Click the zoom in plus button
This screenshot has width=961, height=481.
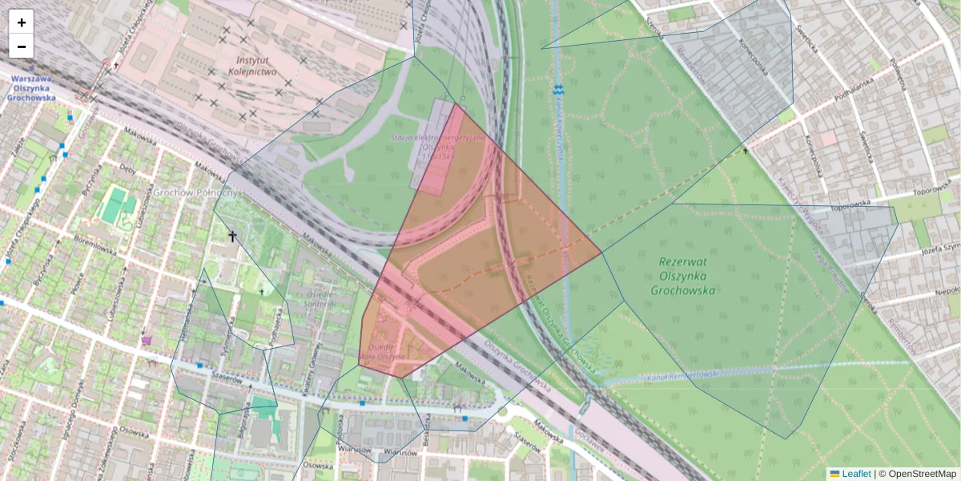[22, 22]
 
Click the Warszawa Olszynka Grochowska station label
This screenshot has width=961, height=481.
[31, 88]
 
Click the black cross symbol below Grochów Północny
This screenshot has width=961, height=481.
[233, 236]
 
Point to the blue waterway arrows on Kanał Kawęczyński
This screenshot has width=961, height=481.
[558, 88]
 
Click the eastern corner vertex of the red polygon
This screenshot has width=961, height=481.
[601, 254]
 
